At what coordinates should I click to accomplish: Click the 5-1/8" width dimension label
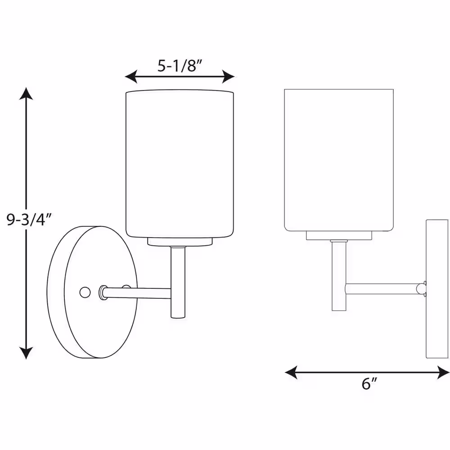[x=180, y=66]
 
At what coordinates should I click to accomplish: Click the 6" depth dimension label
[x=369, y=383]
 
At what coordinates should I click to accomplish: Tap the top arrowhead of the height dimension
[x=26, y=93]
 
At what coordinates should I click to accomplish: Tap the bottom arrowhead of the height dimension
[x=26, y=353]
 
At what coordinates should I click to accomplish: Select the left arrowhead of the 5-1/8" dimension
[x=131, y=76]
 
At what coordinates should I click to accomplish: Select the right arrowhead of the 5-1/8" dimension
[x=229, y=76]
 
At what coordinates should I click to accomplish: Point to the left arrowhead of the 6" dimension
[x=291, y=372]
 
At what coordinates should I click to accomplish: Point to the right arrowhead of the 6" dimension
[x=443, y=372]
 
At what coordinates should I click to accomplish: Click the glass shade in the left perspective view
[x=180, y=164]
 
